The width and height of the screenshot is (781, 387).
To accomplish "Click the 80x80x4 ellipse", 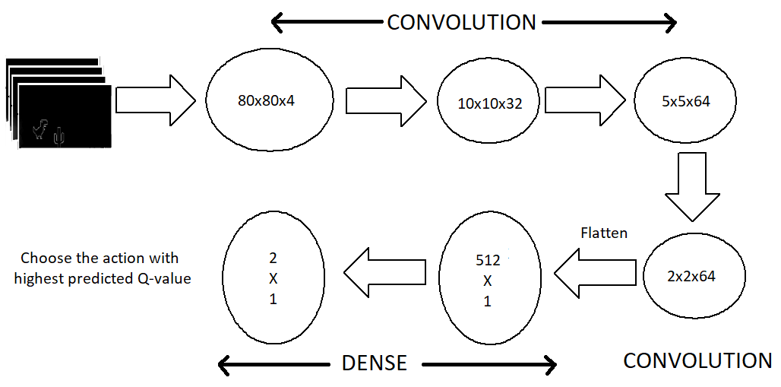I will tap(270, 100).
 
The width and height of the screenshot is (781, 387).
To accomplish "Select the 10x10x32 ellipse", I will tap(489, 103).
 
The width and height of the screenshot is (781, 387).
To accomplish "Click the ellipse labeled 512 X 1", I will tap(488, 281).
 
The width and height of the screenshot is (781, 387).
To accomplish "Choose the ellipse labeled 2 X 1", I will tap(273, 278).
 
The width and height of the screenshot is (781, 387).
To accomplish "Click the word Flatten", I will tap(603, 233).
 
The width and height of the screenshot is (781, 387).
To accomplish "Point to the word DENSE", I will tap(375, 363).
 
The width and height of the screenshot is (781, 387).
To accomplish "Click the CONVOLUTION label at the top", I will tap(461, 23).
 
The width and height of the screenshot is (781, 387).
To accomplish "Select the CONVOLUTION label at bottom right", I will tap(697, 360).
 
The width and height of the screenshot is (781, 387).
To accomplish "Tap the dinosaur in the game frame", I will tap(40, 131).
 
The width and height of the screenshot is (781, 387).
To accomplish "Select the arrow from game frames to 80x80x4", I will tap(155, 100).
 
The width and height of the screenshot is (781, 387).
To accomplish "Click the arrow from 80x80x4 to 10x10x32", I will tap(385, 100).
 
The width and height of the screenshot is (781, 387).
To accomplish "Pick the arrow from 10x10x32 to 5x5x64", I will tap(584, 100).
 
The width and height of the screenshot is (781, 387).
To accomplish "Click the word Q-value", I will tap(164, 278).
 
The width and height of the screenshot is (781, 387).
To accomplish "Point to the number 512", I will tap(487, 260).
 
